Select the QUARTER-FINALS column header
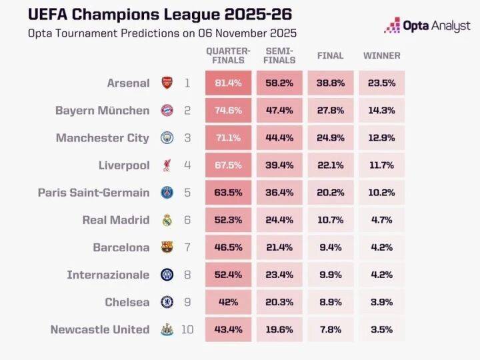click(x=228, y=55)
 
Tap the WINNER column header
click(x=382, y=55)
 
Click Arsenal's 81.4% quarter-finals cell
click(x=228, y=83)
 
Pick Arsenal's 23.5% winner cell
click(x=382, y=83)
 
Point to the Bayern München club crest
click(x=167, y=111)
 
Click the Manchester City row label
click(x=103, y=138)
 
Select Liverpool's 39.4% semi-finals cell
click(x=279, y=165)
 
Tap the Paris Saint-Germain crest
click(x=167, y=193)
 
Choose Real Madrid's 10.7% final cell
click(x=331, y=220)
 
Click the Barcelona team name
click(x=121, y=247)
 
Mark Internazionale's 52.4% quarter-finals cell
click(x=228, y=275)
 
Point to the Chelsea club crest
click(x=167, y=302)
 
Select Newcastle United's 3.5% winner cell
click(x=382, y=329)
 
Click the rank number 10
click(x=187, y=329)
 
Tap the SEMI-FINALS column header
click(x=279, y=55)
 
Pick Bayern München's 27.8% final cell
click(x=331, y=111)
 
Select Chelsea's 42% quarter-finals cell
click(x=228, y=302)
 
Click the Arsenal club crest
click(x=167, y=83)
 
